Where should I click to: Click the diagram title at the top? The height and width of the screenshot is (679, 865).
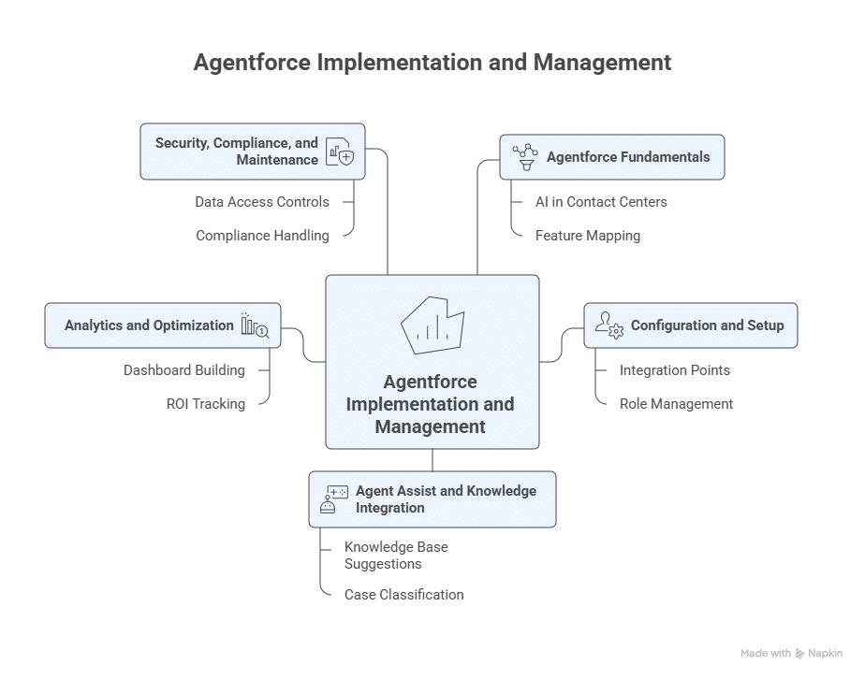point(432,63)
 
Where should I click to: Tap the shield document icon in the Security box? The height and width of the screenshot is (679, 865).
point(339,152)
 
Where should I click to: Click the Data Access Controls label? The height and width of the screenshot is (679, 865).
point(262,202)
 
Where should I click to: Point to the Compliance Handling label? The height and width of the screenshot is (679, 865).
point(262,236)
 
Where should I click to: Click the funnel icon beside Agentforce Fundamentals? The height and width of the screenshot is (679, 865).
point(525,157)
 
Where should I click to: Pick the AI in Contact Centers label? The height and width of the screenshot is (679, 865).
point(601,202)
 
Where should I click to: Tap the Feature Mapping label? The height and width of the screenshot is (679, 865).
point(588,236)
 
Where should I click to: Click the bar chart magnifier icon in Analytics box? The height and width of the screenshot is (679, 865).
point(255,325)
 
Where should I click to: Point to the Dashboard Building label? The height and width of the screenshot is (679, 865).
point(184,370)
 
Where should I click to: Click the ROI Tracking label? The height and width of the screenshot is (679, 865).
point(205,404)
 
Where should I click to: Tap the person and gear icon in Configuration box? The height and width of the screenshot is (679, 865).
point(609,325)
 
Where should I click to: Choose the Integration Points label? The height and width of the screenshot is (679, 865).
point(675,370)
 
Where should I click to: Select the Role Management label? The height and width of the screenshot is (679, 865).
point(676,404)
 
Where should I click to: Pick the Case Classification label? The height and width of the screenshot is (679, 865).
point(403,595)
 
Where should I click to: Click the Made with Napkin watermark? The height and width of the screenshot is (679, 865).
point(791,654)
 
